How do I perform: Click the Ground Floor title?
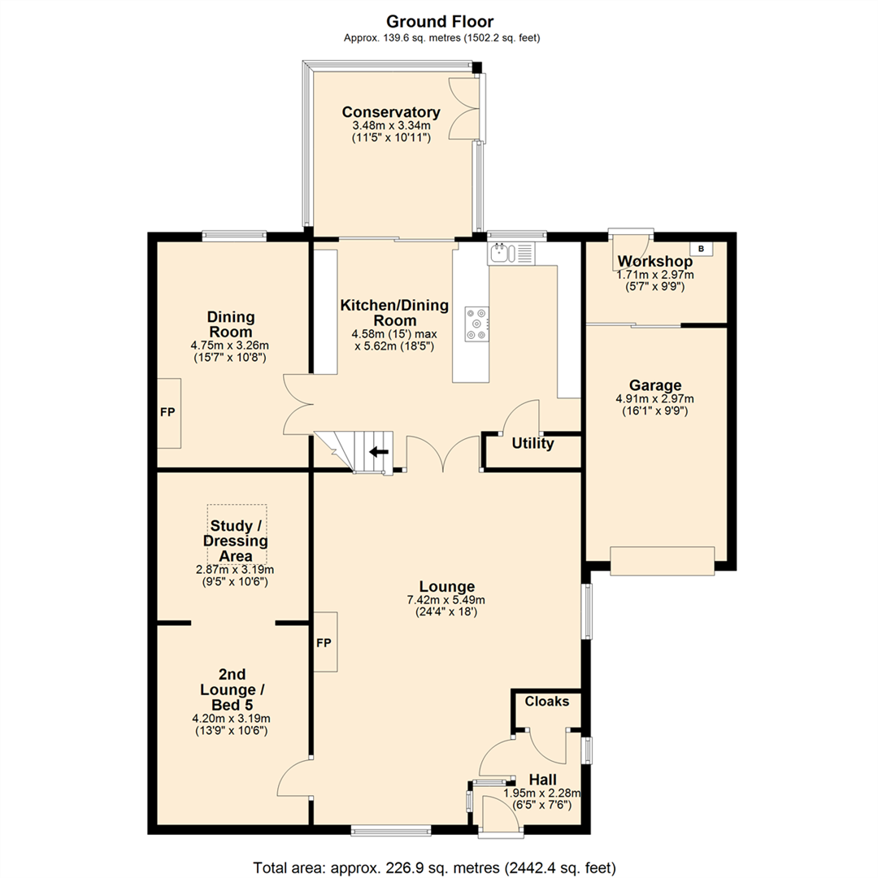440,22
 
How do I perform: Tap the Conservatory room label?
391,112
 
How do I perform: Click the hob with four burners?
476,324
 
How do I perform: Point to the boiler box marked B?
701,249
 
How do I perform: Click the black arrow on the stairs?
379,451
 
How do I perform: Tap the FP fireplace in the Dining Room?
168,413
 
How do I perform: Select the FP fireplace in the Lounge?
324,642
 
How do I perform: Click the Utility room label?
532,444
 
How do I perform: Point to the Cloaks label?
546,701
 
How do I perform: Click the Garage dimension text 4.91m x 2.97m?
654,398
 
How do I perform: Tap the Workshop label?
654,261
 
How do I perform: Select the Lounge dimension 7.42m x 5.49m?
446,600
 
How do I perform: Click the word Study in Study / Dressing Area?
231,526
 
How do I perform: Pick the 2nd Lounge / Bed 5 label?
233,689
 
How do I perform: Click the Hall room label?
542,780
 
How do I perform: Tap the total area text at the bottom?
434,868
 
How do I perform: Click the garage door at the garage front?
663,561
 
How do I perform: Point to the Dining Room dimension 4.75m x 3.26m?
229,346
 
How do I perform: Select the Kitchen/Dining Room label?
395,313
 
